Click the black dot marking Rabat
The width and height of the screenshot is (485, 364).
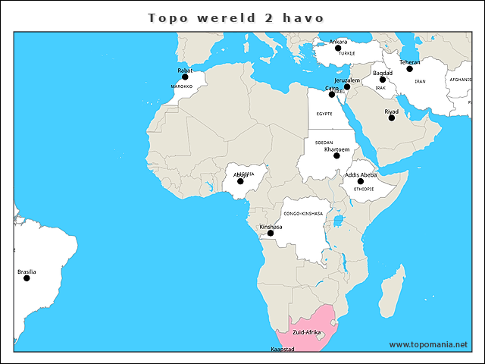click(x=185, y=77)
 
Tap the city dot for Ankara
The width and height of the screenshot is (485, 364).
click(x=338, y=48)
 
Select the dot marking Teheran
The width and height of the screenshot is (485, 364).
click(x=409, y=69)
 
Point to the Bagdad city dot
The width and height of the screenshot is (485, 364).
click(x=383, y=80)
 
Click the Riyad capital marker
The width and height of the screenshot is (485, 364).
click(x=392, y=118)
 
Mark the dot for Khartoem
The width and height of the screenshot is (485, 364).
click(x=336, y=155)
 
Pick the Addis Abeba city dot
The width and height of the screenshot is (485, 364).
click(x=361, y=181)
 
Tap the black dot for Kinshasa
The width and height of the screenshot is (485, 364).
click(x=271, y=233)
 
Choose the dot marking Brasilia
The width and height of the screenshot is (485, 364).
click(x=27, y=278)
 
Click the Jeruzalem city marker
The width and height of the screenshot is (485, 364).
click(x=347, y=86)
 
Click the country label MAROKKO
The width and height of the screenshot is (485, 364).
click(x=182, y=87)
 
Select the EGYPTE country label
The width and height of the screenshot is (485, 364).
click(x=324, y=114)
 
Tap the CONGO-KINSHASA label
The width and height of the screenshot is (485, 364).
click(x=303, y=214)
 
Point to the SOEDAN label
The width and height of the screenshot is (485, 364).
click(x=324, y=143)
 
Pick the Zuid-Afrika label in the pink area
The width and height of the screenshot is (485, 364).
click(x=306, y=333)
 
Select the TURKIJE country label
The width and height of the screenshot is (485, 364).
click(x=347, y=54)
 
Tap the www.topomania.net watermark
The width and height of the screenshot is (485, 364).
click(x=428, y=344)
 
